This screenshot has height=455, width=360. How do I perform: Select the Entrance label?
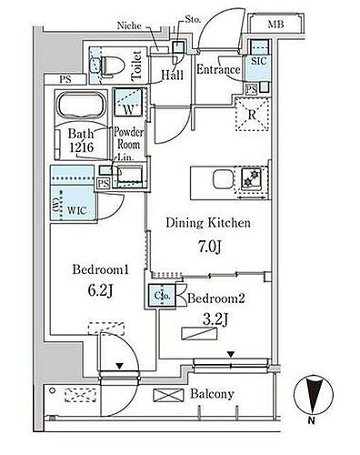pyautogui.click(x=218, y=69)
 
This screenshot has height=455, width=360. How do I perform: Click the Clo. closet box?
pyautogui.click(x=162, y=296)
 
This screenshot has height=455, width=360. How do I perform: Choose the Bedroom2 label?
pyautogui.click(x=215, y=298)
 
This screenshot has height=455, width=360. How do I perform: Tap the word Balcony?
pyautogui.click(x=213, y=394)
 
